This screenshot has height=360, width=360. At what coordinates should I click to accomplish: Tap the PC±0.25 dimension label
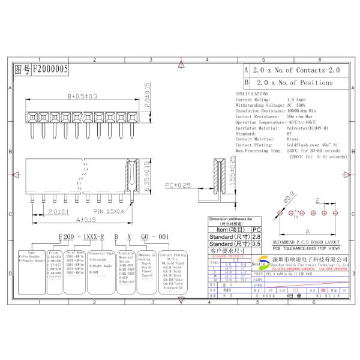178,185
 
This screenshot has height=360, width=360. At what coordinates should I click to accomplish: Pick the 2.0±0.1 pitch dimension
59,211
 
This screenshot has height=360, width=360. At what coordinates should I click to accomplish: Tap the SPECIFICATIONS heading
252,94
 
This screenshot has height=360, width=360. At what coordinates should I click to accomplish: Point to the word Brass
292,139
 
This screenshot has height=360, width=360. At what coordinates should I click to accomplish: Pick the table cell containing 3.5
257,244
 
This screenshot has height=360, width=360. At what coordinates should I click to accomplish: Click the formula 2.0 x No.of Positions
290,82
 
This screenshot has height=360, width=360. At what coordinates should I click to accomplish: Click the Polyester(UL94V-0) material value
309,128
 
